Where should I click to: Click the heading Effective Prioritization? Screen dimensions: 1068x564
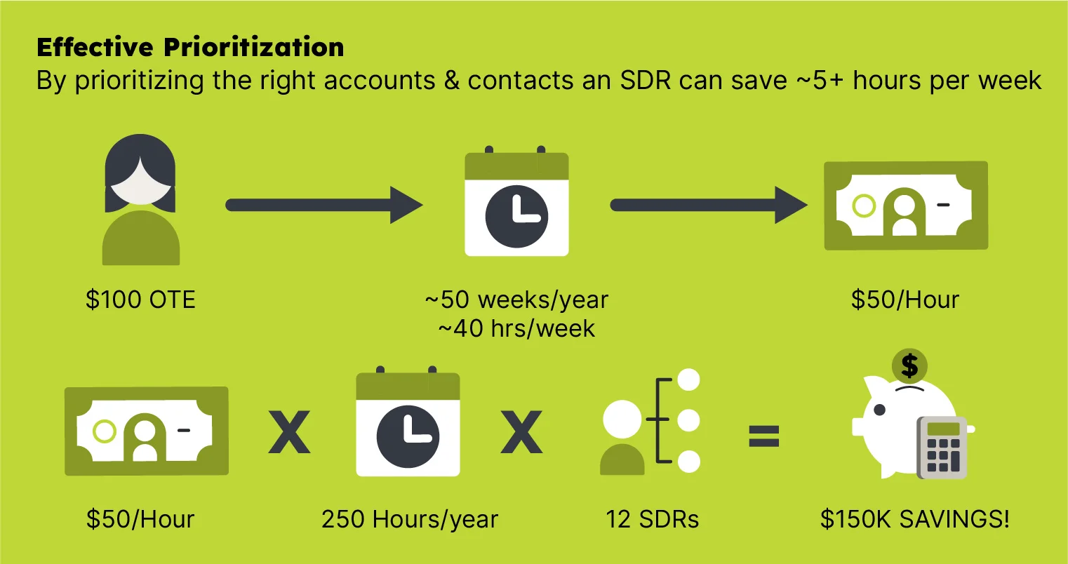point(190,47)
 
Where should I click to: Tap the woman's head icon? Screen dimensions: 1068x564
point(140,173)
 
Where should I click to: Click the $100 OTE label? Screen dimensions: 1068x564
point(140,300)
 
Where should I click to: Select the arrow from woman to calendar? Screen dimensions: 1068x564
point(324,205)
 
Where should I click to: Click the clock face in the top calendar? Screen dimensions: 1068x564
point(516,217)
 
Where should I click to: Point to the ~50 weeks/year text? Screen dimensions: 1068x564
point(517,300)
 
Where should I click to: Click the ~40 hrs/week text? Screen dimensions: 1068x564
point(517,328)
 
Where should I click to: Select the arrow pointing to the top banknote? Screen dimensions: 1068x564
point(709,205)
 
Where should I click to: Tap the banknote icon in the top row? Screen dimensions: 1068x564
point(906,206)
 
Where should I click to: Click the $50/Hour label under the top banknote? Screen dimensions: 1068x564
point(905,300)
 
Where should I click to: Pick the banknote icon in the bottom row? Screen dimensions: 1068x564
point(147,431)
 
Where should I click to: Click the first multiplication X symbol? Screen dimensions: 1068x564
point(289,432)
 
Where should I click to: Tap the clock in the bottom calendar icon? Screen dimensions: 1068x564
point(408,437)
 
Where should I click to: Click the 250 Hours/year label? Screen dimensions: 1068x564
point(410,519)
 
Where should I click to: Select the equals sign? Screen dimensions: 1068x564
point(764,436)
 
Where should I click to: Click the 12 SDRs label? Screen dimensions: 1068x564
point(653,519)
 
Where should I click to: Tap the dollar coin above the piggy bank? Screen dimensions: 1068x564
point(909,366)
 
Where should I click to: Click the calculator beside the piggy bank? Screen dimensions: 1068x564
point(942,448)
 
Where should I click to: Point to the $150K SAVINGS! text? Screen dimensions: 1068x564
point(915,519)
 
